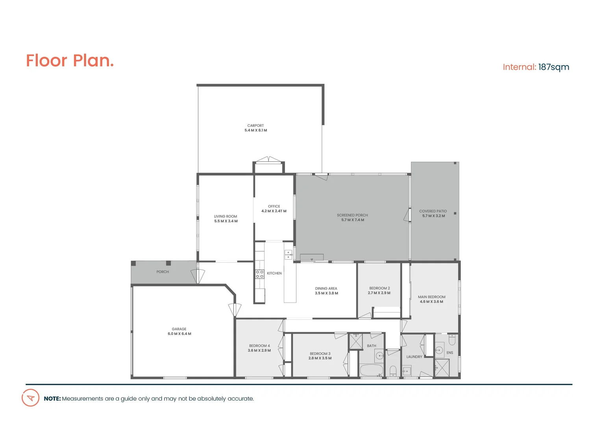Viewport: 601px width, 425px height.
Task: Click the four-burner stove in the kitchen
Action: point(260,274)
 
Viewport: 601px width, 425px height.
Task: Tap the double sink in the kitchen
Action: point(288,255)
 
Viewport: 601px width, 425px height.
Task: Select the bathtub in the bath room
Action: point(371,370)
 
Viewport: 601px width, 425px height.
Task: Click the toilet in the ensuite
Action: point(452,340)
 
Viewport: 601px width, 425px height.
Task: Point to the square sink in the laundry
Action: point(407,371)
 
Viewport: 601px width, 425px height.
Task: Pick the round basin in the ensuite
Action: point(439,350)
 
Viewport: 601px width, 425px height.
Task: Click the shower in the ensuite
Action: point(442,368)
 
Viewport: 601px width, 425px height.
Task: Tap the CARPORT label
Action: point(255,126)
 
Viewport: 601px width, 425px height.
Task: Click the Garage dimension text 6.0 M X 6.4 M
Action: point(179,334)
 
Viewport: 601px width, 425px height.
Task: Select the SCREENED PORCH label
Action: point(352,215)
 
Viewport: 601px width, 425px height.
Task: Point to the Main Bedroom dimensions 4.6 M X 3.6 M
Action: point(431,302)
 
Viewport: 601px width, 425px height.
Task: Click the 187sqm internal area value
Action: point(553,67)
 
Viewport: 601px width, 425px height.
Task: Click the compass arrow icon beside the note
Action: point(30,398)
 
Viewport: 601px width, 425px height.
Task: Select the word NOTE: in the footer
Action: point(52,399)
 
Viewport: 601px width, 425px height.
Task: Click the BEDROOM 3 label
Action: point(320,354)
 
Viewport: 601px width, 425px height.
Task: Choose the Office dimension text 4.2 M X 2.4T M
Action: point(274,211)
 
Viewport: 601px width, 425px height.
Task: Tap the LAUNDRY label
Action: point(414,357)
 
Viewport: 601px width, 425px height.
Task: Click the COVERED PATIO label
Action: point(433,211)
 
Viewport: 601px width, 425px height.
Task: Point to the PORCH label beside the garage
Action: point(163,272)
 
